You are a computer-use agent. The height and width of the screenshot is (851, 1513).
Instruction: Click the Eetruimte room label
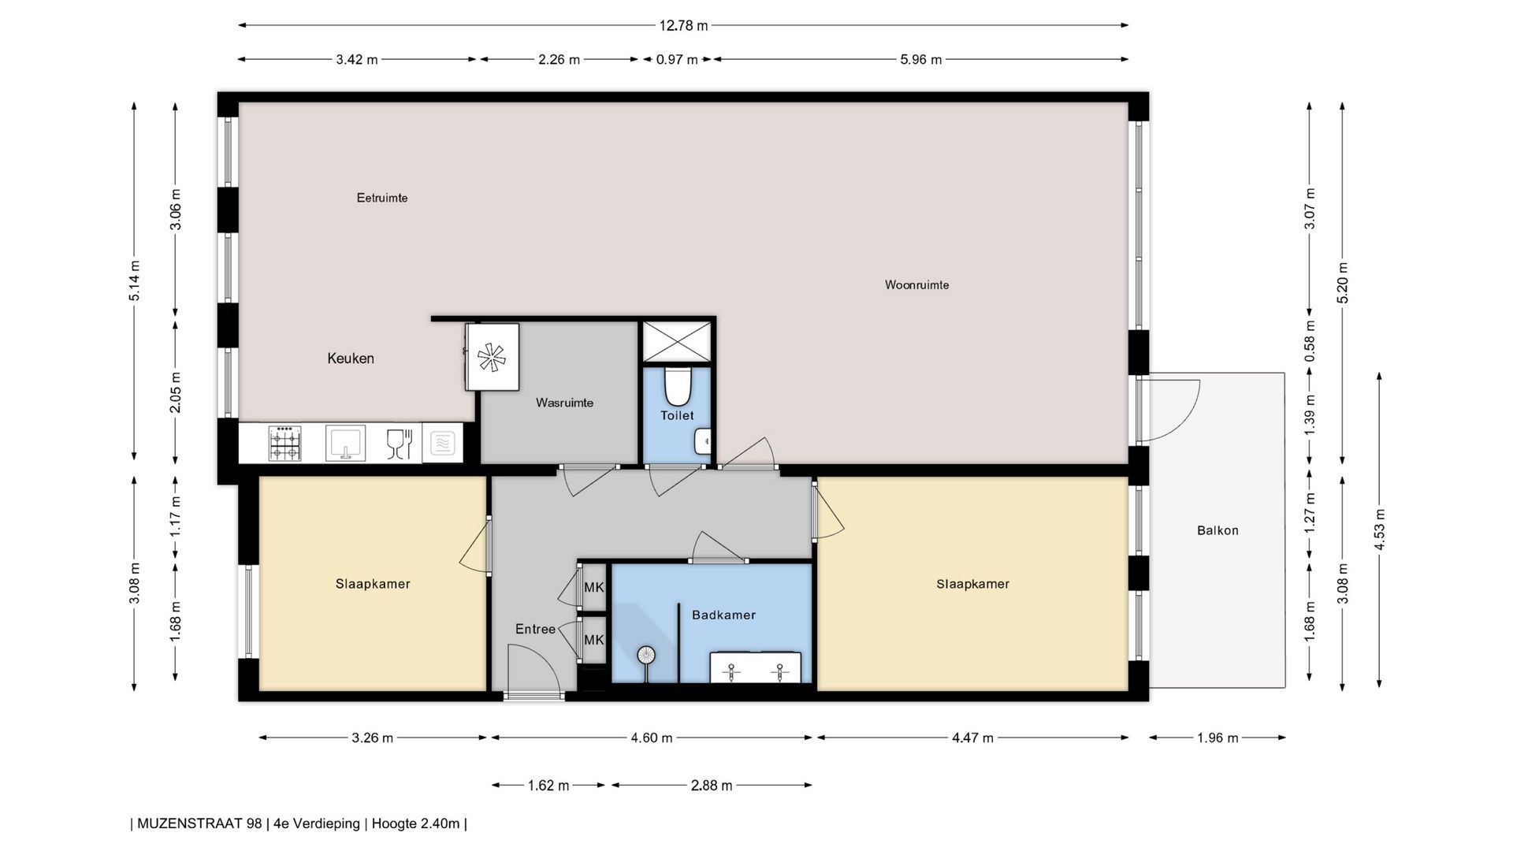(382, 198)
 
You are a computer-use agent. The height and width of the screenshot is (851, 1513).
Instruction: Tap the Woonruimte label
(916, 284)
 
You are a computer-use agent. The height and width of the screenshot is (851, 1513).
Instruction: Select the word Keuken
(351, 359)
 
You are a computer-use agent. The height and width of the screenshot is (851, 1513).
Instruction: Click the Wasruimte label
(564, 403)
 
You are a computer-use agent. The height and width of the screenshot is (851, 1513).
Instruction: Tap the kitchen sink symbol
(345, 442)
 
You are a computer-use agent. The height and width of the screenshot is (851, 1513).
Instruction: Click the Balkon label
(1217, 530)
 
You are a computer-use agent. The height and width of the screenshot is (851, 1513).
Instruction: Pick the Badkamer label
(723, 615)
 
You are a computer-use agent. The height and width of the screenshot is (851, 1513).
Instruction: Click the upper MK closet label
(593, 587)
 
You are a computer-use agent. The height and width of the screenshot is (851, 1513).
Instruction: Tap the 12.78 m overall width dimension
(683, 25)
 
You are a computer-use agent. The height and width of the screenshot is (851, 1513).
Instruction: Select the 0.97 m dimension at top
(677, 59)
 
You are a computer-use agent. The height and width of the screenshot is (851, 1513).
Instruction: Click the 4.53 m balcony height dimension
(1379, 530)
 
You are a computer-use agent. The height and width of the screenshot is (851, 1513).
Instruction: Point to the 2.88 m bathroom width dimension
(712, 785)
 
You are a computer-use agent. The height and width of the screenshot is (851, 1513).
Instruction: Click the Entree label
(535, 629)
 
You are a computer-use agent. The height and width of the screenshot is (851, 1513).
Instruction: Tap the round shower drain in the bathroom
(646, 654)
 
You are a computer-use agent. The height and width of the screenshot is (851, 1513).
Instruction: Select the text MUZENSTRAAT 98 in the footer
(199, 823)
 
